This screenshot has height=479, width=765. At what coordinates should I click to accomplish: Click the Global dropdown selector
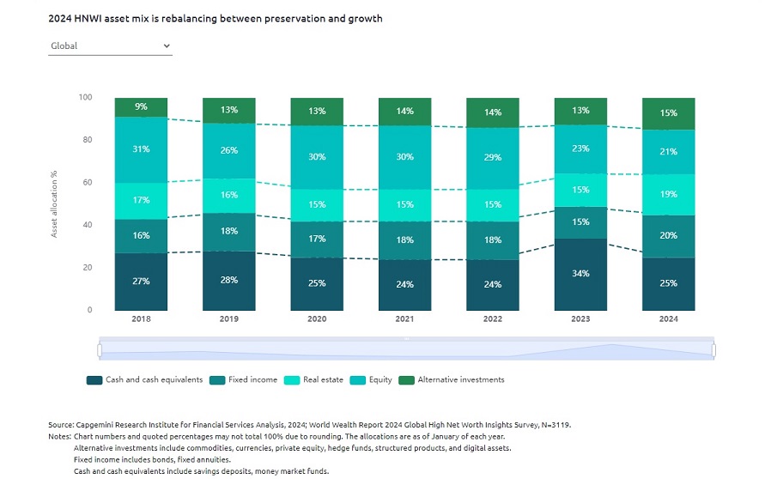110,46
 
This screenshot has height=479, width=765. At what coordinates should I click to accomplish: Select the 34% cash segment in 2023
580,274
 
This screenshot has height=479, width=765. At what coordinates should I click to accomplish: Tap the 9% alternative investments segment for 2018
141,107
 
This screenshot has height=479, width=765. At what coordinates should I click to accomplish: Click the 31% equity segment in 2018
141,149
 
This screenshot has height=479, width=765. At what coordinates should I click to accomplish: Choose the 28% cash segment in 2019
228,280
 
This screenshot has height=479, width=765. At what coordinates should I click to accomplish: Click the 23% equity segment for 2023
580,149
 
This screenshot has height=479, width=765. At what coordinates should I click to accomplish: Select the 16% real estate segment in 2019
228,195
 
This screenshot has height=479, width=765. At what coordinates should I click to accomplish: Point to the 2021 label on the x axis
404,319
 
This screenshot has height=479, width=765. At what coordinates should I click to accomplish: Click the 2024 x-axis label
668,319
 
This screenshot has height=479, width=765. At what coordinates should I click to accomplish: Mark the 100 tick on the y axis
85,97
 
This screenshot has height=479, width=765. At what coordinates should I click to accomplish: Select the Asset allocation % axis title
54,203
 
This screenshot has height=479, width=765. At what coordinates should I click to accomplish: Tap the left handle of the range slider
100,350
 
